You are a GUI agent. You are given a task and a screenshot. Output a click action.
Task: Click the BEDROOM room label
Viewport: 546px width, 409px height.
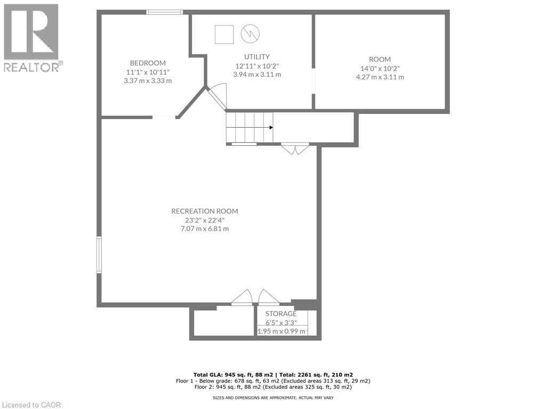tap(148, 62)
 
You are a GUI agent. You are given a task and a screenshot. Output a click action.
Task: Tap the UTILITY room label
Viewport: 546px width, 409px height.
tap(257, 56)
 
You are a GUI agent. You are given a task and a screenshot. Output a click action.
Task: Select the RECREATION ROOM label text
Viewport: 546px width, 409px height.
tap(205, 211)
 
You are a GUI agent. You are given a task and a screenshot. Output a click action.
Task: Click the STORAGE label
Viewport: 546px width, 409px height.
tap(281, 314)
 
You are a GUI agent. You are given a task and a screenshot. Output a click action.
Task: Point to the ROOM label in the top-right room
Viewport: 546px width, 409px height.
tap(380, 59)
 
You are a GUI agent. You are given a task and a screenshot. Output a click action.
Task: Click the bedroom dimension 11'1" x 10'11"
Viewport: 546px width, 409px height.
tap(148, 72)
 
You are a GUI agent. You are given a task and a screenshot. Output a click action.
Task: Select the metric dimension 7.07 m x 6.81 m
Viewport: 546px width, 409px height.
tap(205, 229)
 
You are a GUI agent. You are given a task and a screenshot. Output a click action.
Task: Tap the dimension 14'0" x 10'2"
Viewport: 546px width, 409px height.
tap(380, 68)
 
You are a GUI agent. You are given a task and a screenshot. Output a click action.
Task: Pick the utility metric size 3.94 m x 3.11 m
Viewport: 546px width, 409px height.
tap(257, 75)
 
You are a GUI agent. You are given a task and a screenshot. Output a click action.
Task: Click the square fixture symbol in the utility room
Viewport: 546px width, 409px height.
tap(224, 34)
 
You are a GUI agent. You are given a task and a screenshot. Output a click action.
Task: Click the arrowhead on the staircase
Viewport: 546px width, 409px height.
tap(271, 127)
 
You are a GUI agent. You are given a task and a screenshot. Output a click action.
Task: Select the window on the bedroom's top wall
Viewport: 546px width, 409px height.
tap(165, 12)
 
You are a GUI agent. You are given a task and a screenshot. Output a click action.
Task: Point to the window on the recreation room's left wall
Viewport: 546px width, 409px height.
tap(99, 255)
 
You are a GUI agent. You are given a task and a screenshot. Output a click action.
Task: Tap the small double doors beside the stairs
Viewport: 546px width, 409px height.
tap(295, 149)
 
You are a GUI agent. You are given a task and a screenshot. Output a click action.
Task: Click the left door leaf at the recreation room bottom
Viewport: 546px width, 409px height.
tap(243, 298)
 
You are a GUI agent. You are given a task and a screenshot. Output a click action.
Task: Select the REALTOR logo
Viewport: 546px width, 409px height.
tap(33, 37)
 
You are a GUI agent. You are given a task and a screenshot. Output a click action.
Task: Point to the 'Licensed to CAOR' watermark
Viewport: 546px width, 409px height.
tap(31, 405)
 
